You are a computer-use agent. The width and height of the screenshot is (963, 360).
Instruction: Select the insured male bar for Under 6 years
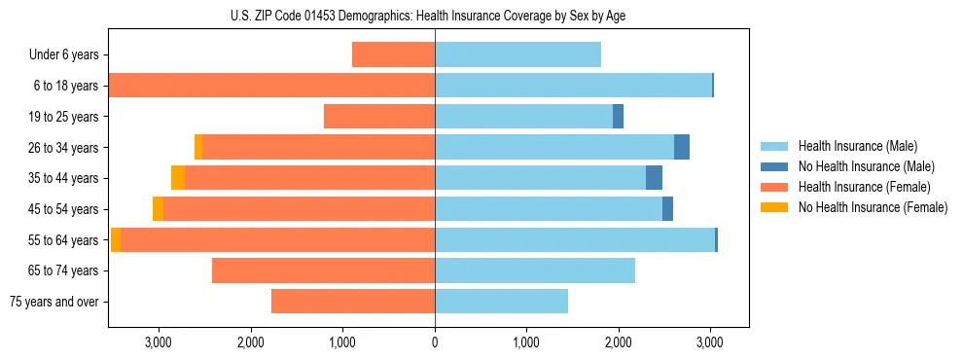[517, 54]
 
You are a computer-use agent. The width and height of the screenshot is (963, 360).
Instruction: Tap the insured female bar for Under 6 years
[393, 54]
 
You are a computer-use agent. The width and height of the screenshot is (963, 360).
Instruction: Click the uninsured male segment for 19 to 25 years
[618, 117]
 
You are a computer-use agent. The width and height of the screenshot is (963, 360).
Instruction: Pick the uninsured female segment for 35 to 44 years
[178, 178]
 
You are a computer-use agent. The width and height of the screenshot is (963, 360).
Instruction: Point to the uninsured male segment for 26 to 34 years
[682, 147]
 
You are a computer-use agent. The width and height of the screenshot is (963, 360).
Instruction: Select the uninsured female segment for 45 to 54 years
[158, 209]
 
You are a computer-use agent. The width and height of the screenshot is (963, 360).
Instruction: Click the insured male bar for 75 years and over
[501, 302]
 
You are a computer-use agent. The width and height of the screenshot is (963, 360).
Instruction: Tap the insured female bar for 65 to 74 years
[323, 270]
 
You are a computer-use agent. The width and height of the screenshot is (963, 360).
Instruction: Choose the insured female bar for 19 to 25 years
[379, 117]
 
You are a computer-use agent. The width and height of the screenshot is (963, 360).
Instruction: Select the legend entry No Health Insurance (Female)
[873, 207]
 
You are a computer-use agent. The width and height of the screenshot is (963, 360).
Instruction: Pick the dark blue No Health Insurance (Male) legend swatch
[774, 166]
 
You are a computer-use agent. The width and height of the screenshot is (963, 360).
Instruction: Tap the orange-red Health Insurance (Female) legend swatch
[774, 187]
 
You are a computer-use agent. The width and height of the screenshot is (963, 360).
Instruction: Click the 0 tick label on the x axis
[435, 342]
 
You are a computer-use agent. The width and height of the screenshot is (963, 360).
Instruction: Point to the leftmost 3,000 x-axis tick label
[158, 342]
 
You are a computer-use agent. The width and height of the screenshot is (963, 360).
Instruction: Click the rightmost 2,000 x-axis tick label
[618, 342]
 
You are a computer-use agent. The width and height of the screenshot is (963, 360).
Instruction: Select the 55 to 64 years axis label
[63, 240]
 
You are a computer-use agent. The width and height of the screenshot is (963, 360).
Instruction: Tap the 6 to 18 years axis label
[65, 86]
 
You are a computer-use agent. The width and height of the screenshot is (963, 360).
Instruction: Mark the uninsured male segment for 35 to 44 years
[654, 178]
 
